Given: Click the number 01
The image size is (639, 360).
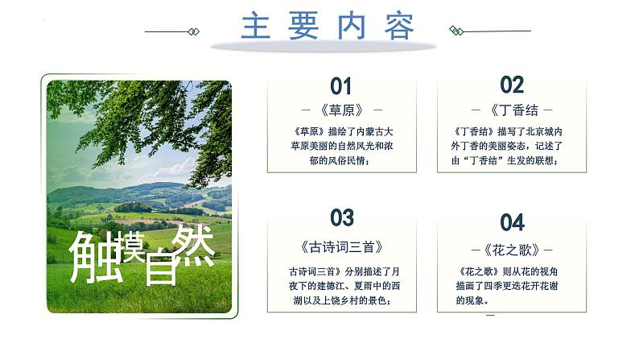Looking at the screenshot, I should point(341,86).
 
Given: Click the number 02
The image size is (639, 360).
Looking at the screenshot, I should point(512,85).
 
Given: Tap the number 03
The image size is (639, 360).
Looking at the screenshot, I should point(342,217).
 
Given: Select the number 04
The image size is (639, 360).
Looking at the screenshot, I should point(512,222).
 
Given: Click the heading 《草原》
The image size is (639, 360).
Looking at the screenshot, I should point(341,110).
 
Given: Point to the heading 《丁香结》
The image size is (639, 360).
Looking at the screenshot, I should point(513,110).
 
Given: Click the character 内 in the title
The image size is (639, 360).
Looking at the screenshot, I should point(352,26).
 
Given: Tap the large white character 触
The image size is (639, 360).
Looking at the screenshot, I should point(95,255).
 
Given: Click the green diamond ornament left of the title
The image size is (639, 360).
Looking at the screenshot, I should point(193,31).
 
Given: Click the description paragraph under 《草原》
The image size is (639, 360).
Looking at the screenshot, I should point(341,146).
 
